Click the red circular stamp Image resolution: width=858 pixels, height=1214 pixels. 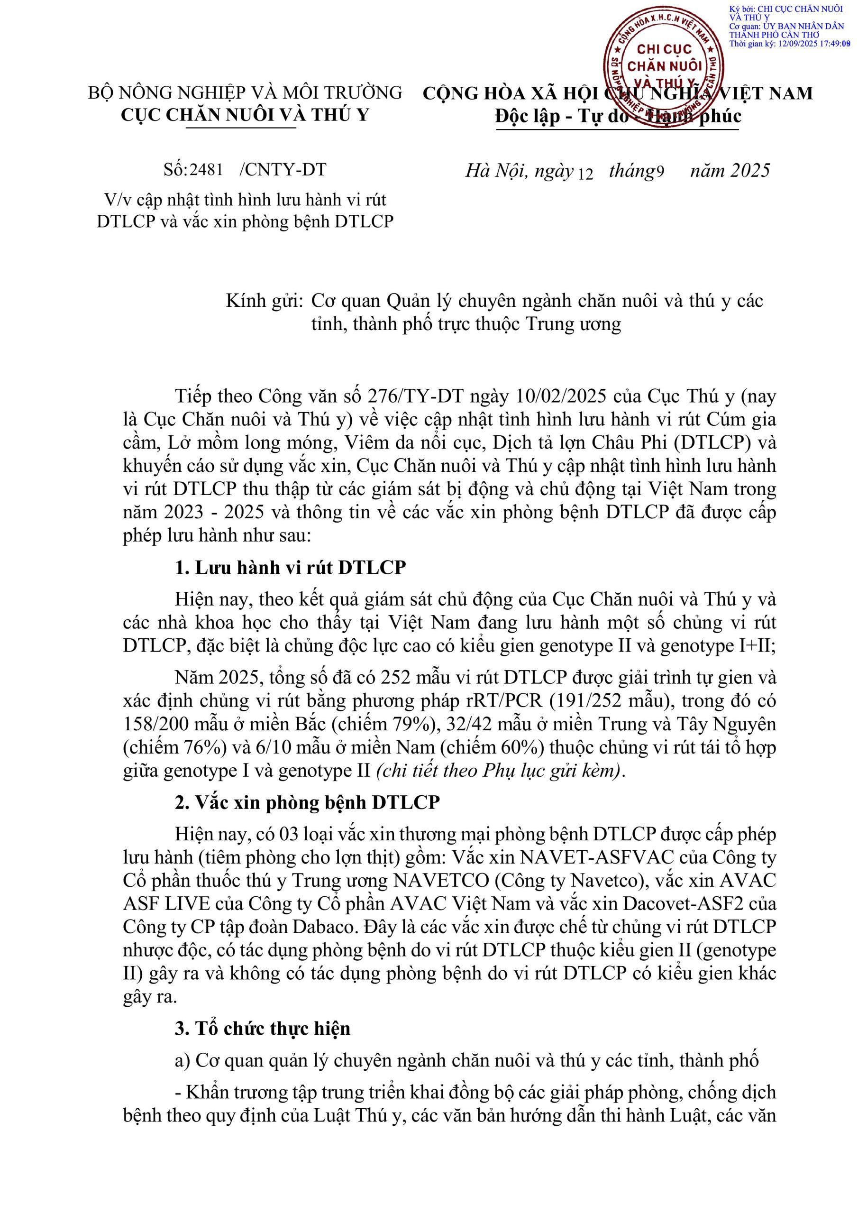(x=664, y=66)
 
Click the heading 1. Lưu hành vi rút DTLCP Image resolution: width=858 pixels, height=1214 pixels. (x=290, y=567)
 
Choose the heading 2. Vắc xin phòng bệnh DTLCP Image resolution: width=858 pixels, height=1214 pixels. (x=307, y=802)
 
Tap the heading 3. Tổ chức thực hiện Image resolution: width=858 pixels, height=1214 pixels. (x=263, y=1029)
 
